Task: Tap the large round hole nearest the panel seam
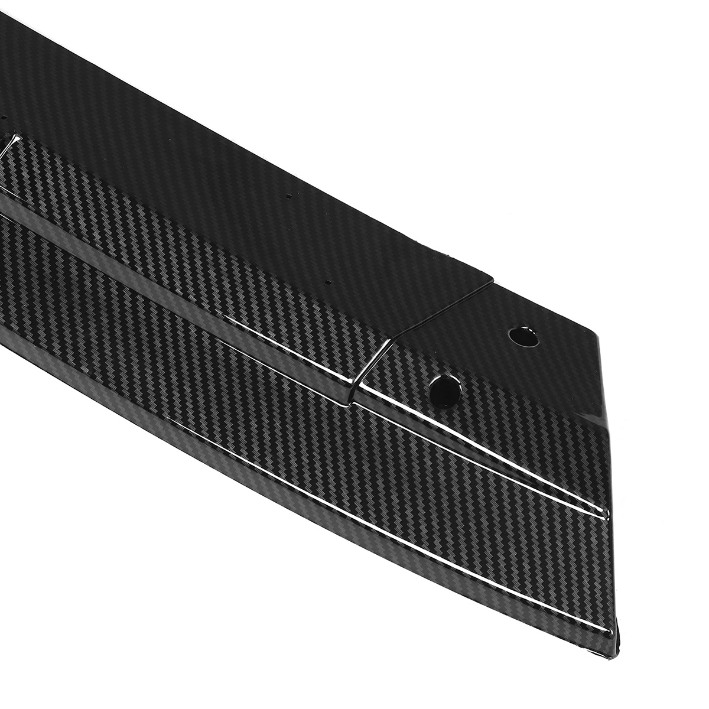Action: point(445,390)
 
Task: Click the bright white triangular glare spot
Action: point(11,144)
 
